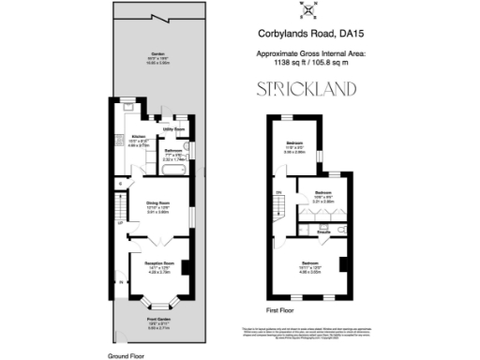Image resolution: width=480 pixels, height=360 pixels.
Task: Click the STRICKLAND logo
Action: click(x=307, y=91)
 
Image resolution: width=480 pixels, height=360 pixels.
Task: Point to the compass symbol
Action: click(x=307, y=11)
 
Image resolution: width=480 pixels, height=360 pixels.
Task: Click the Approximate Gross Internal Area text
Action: click(x=306, y=54)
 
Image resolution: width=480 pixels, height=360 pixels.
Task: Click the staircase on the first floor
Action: click(x=280, y=202)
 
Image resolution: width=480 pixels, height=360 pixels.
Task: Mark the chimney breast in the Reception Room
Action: click(x=188, y=267)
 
